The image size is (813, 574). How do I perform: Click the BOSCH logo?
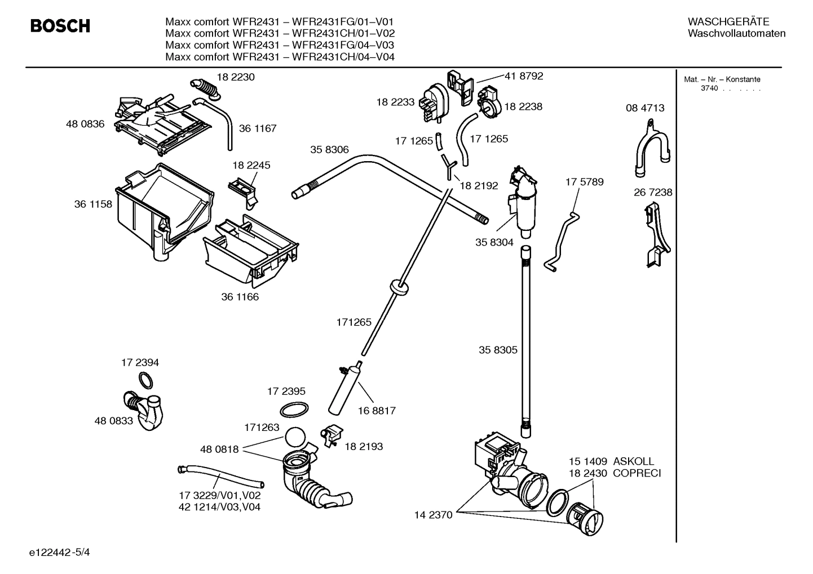coord(60,26)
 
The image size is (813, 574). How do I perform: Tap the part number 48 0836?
coord(85,124)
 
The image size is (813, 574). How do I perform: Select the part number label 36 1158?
coord(93,204)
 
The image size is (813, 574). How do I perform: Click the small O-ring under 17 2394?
coord(145,381)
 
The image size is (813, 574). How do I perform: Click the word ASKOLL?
coord(634,461)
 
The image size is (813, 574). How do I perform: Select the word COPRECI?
coord(637,473)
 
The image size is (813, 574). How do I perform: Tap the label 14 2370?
coord(433,515)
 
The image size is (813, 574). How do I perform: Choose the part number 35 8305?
coord(498,350)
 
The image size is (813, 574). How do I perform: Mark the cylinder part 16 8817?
coord(343,389)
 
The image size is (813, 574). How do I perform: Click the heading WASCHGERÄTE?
coord(728,22)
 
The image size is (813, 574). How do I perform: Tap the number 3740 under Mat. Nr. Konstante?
coord(709,89)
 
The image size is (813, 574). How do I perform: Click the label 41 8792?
coord(524,76)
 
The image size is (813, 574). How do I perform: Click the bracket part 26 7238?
coord(656,236)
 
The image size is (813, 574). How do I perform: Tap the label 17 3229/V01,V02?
coord(220,496)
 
